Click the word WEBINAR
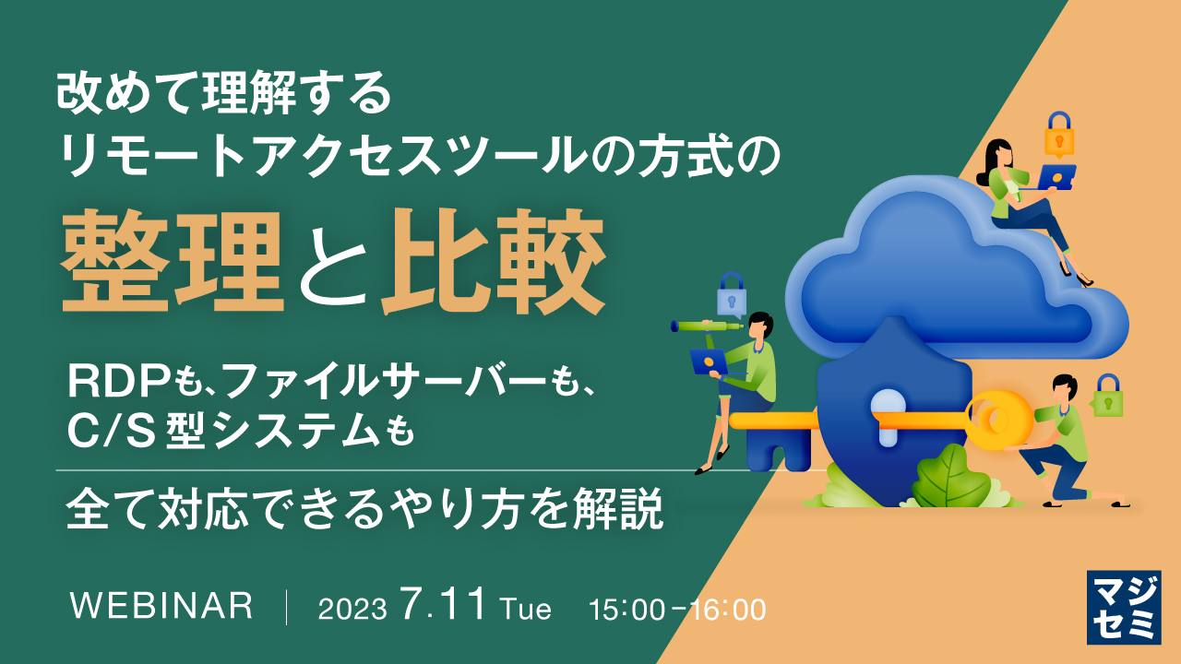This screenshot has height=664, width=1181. tap(161, 606)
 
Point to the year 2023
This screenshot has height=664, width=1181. tap(352, 610)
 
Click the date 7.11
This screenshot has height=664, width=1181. tap(443, 606)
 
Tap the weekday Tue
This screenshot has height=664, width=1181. tap(526, 610)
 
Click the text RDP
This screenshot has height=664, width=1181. tap(118, 380)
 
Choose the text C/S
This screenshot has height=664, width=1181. tap(107, 431)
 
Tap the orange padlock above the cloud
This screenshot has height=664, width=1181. tap(1059, 136)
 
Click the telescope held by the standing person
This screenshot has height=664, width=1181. tap(706, 325)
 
